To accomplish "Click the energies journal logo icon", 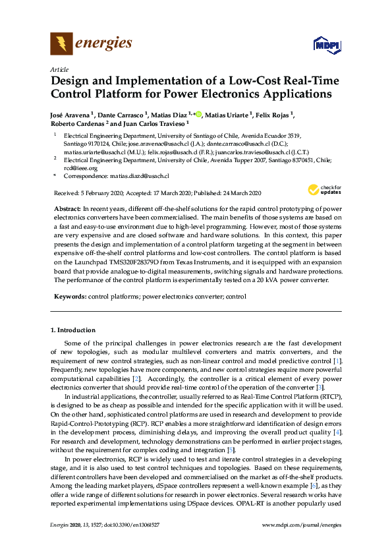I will click(x=61, y=44).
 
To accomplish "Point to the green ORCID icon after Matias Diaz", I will click(x=198, y=115).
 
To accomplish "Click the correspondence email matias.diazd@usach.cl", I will click(x=138, y=177).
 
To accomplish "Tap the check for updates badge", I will click(x=321, y=192).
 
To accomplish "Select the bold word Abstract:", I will click(x=67, y=208).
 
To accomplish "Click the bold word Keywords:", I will click(x=70, y=297).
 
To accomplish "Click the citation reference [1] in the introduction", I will click(x=337, y=361).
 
